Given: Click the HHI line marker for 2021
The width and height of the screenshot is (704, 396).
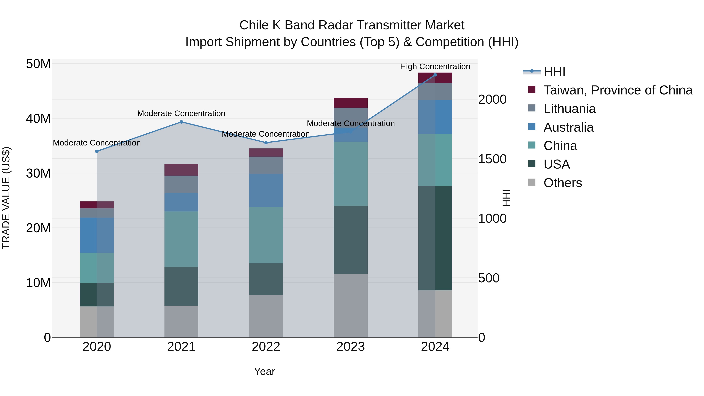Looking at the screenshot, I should (x=181, y=122).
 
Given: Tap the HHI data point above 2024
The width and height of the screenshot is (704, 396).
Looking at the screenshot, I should (x=435, y=75).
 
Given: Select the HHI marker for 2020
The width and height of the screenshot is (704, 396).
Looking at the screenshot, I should (x=97, y=151).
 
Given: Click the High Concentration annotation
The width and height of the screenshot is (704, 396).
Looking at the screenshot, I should (x=435, y=66).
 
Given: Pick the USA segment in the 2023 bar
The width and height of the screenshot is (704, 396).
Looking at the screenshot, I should (x=350, y=240).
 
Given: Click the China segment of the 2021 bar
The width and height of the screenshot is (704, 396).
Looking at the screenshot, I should (x=181, y=239).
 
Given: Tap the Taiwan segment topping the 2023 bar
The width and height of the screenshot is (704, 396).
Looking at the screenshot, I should (x=350, y=103).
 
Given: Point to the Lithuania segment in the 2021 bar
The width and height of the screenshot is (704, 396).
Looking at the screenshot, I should (x=181, y=184).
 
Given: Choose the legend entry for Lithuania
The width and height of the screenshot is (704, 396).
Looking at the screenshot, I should (x=569, y=109).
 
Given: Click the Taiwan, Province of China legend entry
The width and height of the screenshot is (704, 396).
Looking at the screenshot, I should (x=618, y=90).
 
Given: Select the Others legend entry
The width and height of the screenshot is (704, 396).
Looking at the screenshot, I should (x=562, y=183).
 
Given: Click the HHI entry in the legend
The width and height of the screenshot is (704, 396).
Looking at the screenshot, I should (x=554, y=72).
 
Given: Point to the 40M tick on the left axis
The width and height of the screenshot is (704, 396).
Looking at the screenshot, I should (x=38, y=119).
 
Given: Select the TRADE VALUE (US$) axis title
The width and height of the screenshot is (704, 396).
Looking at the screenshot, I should (x=6, y=198).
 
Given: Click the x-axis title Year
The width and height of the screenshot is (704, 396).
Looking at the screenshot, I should (x=264, y=371).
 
